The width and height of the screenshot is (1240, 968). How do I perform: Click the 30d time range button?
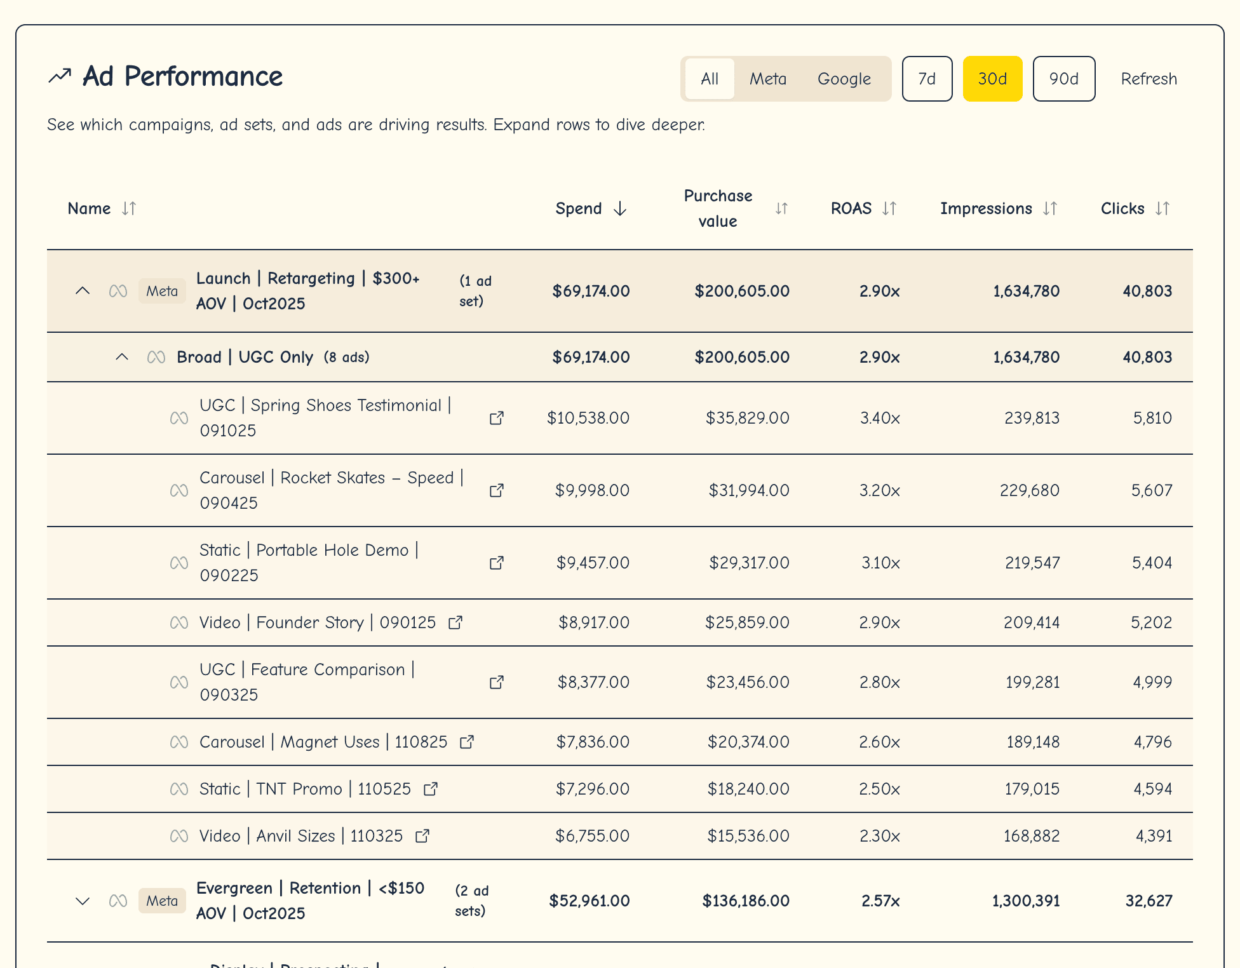992,79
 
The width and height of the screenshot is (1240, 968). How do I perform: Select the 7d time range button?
927,79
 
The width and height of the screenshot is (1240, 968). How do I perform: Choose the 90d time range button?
1063,79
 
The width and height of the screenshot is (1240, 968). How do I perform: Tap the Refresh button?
1149,79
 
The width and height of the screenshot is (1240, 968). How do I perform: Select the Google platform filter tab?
844,79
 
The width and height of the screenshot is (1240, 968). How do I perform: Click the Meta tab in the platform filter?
767,79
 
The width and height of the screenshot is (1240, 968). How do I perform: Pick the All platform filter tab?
710,79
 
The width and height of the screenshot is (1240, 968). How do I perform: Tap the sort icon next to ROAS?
889,208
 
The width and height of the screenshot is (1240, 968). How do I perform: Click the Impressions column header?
986,208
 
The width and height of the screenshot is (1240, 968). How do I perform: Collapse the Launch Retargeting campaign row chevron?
83,291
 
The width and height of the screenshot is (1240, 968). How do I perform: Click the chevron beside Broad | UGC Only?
122,357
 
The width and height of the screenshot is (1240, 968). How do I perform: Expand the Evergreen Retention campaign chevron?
83,901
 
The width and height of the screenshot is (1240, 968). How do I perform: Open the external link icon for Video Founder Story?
455,622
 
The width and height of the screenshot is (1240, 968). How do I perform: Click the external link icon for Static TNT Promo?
431,789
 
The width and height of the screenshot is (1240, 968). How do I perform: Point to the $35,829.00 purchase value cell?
747,418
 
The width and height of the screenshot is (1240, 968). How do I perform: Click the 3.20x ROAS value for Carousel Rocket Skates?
879,490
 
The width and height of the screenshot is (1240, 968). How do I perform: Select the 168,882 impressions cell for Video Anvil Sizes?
1031,836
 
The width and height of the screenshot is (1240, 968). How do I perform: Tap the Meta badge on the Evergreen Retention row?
162,901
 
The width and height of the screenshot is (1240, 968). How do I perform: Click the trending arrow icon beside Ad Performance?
60,76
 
